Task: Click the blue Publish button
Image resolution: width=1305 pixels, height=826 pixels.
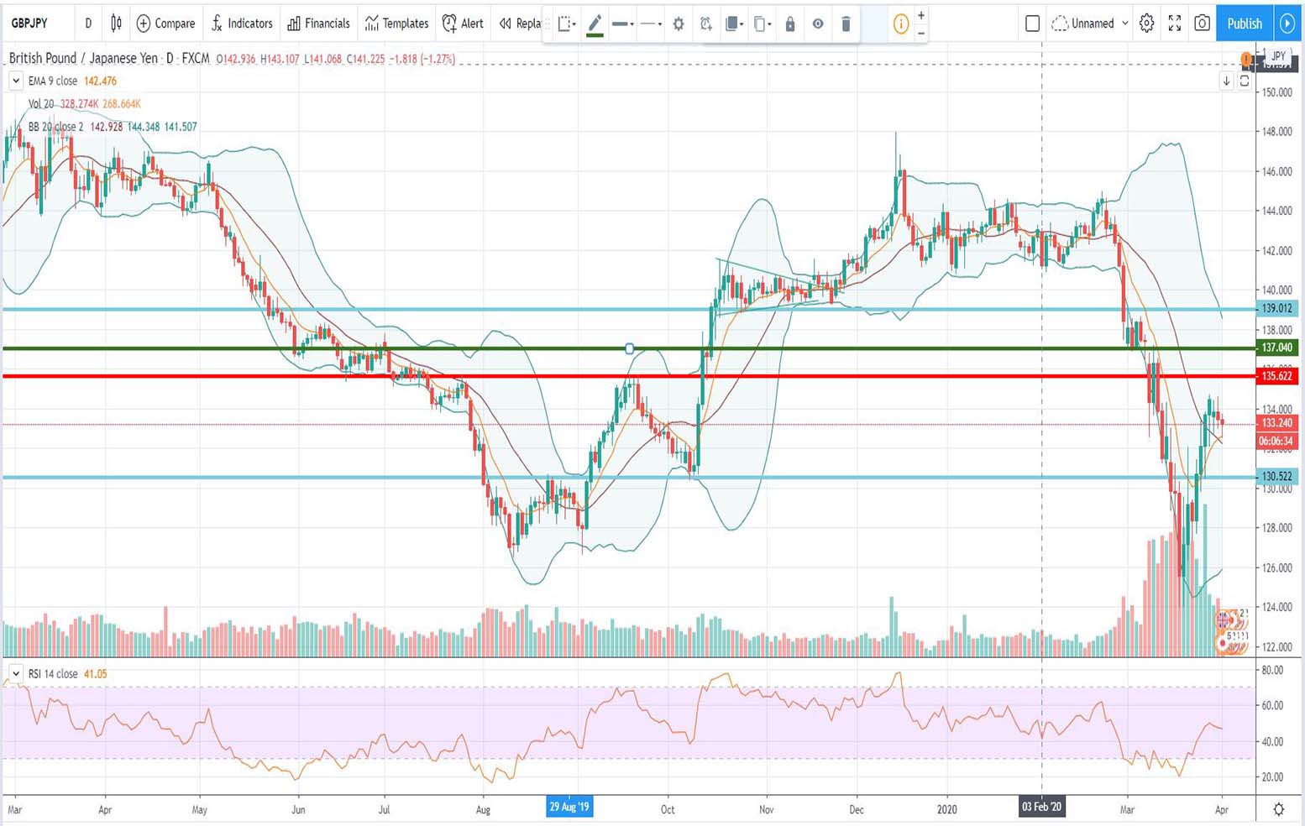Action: (1244, 24)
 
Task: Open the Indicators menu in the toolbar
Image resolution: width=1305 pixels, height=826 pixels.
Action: (242, 24)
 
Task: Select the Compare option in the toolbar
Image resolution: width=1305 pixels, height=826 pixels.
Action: (165, 24)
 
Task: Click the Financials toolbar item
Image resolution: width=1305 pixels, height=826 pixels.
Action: (318, 24)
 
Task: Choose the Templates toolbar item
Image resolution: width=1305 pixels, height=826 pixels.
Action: (396, 24)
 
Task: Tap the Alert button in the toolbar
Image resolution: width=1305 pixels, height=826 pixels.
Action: (463, 24)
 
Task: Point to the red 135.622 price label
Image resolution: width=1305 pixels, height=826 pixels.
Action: (1276, 376)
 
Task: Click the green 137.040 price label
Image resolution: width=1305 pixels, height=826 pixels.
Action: (1276, 348)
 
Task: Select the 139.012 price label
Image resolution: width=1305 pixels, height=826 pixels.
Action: (1276, 309)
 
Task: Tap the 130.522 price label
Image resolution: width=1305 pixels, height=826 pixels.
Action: (1276, 477)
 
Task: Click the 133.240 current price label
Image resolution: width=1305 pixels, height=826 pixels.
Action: (1276, 423)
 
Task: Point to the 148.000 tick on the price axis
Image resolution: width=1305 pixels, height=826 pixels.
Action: (1276, 132)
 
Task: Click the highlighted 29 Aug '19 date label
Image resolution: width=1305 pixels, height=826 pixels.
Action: (569, 808)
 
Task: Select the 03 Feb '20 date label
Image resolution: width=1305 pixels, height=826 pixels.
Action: (1041, 808)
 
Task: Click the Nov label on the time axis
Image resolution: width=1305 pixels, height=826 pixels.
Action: (766, 810)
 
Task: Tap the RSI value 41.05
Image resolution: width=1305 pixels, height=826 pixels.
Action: (96, 674)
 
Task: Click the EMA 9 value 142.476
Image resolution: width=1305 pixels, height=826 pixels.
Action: (100, 81)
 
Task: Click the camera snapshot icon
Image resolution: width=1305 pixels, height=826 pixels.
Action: (1203, 24)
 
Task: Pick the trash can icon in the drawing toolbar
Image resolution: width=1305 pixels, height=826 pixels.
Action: (846, 24)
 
